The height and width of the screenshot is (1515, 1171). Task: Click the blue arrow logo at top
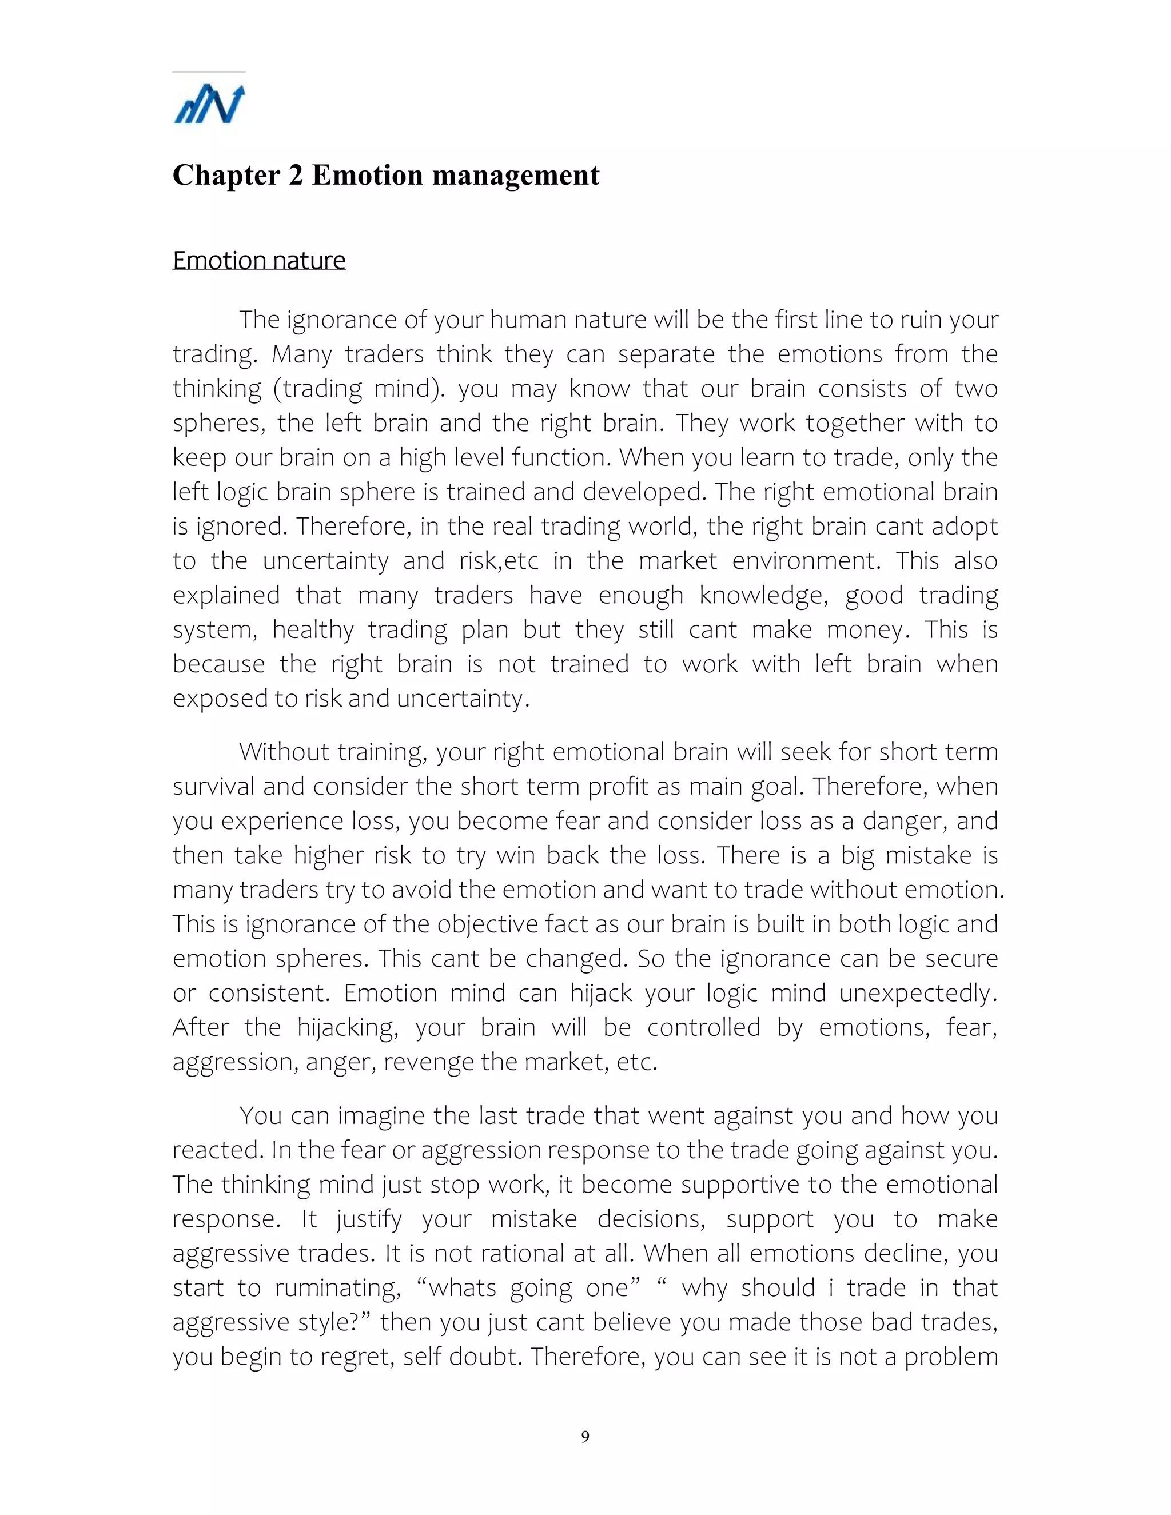point(209,105)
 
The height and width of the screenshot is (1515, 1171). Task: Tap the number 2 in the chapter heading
point(296,176)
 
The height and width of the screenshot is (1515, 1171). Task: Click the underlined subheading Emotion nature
point(259,261)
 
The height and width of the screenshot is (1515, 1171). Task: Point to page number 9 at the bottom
point(585,1437)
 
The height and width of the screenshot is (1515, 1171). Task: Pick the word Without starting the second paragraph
point(284,752)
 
